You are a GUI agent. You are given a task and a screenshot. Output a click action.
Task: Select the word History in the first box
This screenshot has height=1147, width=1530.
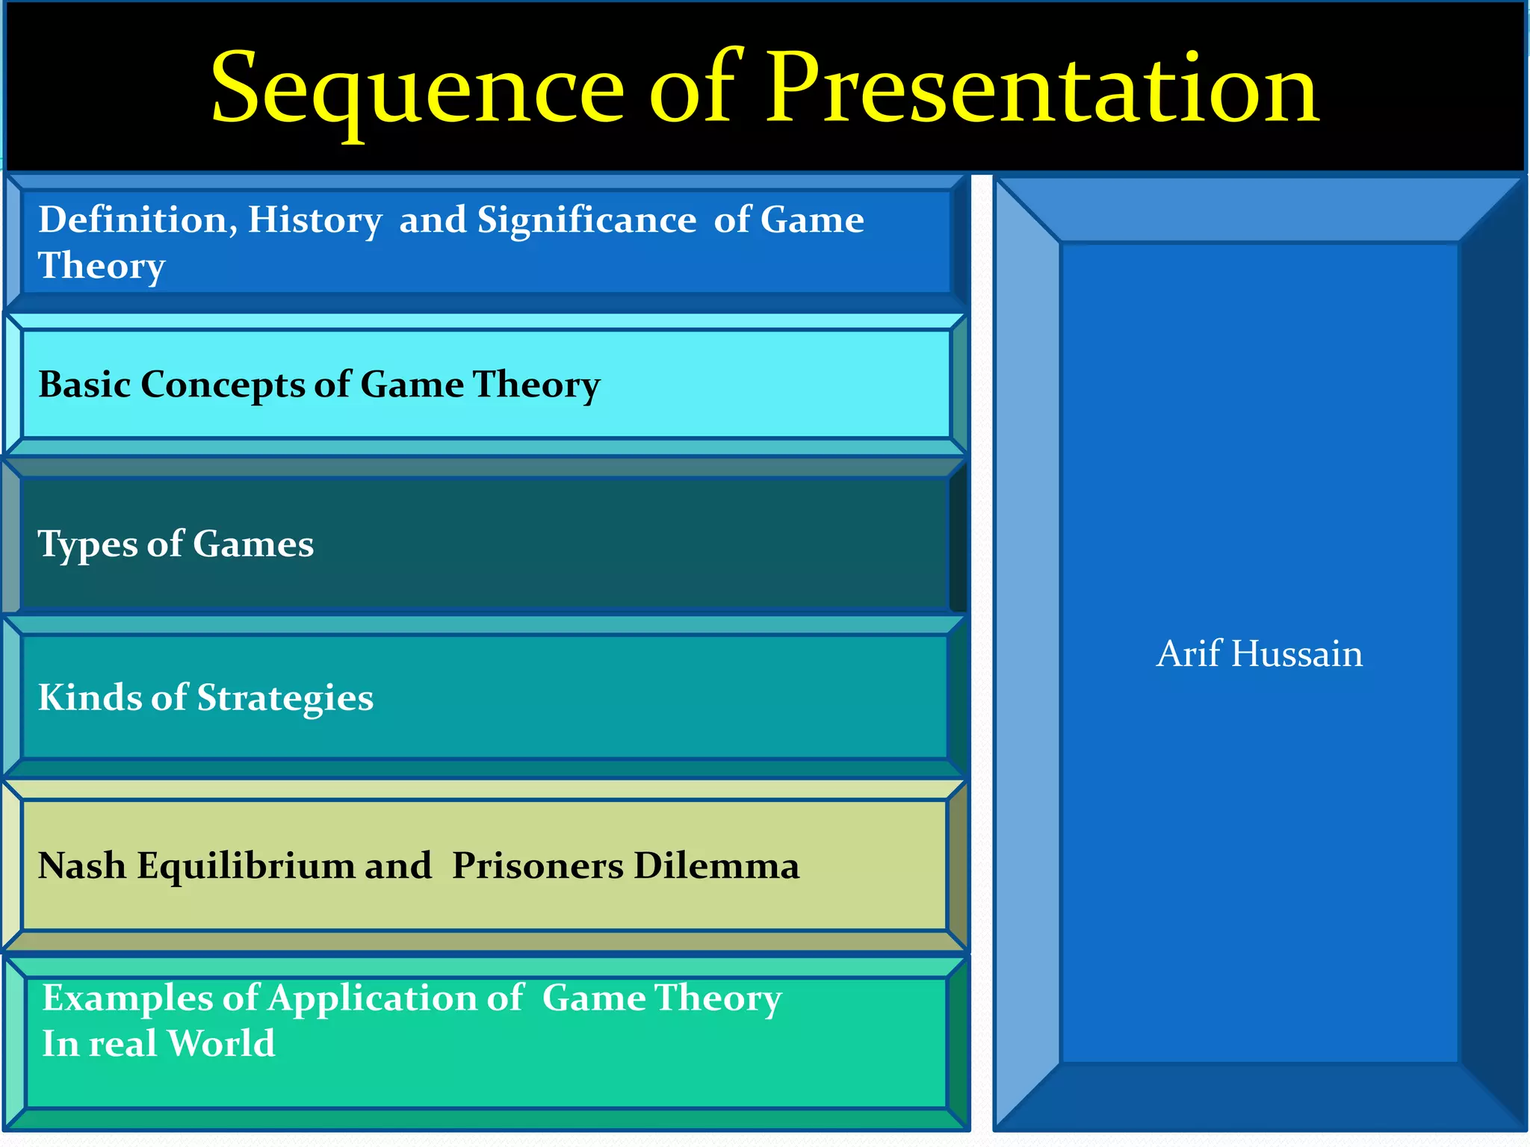(315, 221)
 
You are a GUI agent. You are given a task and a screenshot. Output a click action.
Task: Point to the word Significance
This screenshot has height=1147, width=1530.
(586, 220)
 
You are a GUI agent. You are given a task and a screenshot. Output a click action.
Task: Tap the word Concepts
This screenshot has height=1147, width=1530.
(222, 385)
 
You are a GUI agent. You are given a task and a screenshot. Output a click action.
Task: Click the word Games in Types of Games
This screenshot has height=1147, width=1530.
(253, 544)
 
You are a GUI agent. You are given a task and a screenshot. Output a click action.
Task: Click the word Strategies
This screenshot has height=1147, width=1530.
(285, 699)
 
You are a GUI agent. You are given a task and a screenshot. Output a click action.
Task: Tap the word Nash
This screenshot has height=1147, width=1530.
(81, 866)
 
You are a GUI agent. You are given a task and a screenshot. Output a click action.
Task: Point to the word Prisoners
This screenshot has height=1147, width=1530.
(538, 866)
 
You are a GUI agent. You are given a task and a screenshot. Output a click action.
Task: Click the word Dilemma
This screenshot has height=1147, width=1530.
(716, 866)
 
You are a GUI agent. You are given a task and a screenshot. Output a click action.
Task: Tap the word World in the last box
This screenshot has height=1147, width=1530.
(221, 1043)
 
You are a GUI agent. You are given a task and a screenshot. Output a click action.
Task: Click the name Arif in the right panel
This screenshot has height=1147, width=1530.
(1189, 653)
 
